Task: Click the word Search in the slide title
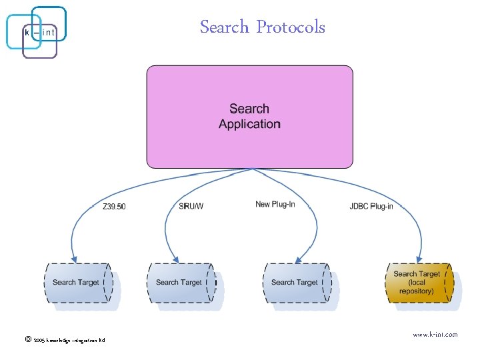tap(224, 27)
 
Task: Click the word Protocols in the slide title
tap(291, 27)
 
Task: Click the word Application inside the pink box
tap(249, 124)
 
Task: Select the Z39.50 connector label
tap(114, 207)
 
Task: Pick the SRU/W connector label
tap(191, 207)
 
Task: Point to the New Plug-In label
tap(275, 204)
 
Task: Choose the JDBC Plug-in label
tap(371, 207)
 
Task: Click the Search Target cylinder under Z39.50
tap(79, 283)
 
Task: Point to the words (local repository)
tap(417, 287)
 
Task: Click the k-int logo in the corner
tap(37, 31)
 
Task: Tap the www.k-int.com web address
tap(435, 335)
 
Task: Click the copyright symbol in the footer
tap(27, 339)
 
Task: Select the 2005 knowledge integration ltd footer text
tap(69, 341)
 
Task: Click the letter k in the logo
tap(27, 32)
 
